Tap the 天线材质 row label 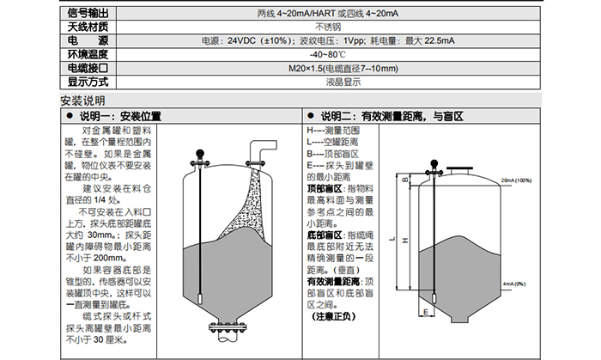click(88, 27)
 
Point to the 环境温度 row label click(88, 53)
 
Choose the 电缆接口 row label click(88, 67)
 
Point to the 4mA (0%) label click(514, 283)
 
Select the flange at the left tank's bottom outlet click(228, 328)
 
